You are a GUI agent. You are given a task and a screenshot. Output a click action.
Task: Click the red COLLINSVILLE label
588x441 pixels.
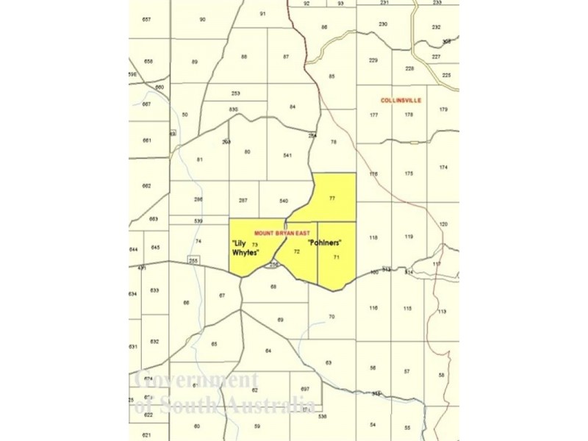401,100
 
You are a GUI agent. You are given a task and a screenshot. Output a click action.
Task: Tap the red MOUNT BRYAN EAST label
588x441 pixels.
280,232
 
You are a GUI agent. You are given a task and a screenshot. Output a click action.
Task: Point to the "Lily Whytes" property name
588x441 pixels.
245,248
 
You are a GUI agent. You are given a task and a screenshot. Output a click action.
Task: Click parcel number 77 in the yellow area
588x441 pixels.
332,198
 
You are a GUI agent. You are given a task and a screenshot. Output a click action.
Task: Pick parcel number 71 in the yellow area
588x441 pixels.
336,257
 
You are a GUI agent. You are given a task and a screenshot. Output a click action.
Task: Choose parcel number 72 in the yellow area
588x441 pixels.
297,251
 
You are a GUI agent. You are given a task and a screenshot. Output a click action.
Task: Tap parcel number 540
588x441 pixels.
284,201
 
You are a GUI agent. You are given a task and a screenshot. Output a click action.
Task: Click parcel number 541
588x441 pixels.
287,155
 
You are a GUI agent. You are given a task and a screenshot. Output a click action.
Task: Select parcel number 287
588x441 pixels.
243,201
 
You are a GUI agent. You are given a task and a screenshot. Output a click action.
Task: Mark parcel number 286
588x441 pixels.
198,200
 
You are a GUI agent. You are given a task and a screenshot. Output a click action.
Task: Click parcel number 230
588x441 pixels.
383,24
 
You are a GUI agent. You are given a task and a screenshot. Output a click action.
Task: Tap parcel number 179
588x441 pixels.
443,110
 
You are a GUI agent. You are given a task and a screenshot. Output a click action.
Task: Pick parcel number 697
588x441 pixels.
305,389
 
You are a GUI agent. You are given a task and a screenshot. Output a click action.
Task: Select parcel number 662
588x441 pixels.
146,186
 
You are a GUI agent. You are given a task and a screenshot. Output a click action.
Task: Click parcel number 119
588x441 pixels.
409,237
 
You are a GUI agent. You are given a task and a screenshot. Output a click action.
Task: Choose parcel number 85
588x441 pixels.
331,76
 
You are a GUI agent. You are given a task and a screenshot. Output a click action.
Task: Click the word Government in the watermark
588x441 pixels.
192,380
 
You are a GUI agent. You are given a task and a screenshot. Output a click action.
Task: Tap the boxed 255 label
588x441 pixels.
193,260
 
